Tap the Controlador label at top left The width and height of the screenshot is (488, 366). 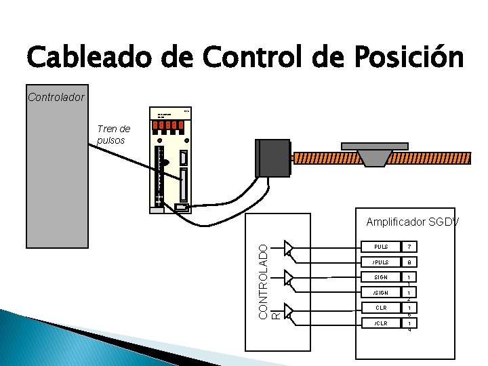point(56,97)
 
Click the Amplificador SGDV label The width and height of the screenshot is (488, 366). point(412,222)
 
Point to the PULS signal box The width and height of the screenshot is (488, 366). point(380,246)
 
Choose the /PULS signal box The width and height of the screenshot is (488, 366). point(380,262)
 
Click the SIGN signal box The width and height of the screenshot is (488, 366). point(380,277)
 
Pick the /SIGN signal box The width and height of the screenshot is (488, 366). point(380,293)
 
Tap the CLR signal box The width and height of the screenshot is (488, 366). point(380,308)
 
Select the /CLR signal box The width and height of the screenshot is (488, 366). point(380,324)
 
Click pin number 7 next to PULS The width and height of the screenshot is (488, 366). point(409,246)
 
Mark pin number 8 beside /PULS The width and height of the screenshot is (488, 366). point(409,262)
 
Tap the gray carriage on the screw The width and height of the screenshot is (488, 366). point(374,154)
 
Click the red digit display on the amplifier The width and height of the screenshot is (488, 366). point(169,125)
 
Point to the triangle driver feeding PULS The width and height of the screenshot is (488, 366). point(289,247)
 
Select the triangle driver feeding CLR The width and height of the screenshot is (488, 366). point(289,311)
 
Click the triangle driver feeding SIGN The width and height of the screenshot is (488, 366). point(289,279)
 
